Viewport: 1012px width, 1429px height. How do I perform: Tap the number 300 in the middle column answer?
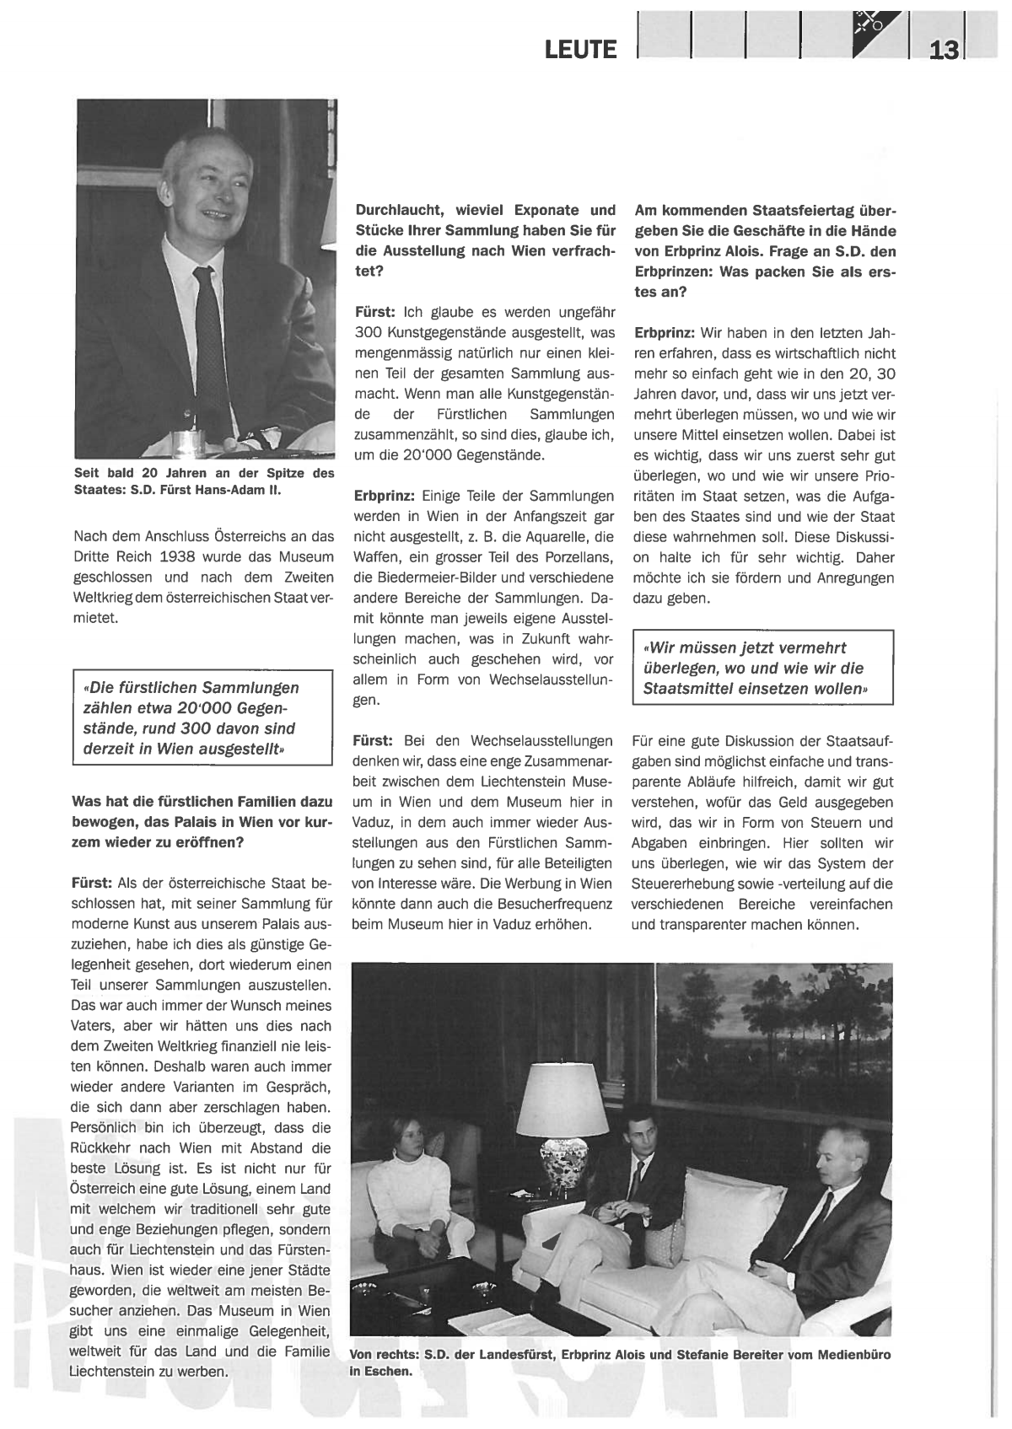point(370,333)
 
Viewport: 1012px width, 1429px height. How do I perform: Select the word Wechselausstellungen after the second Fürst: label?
point(541,741)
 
